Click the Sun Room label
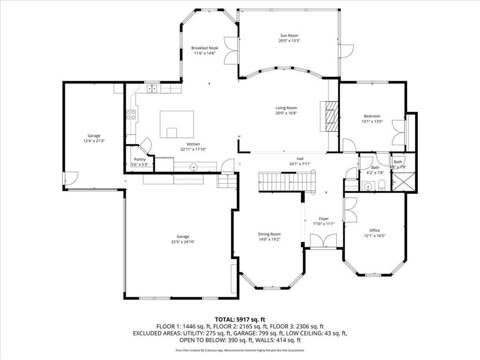[289, 36]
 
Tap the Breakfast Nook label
[204, 48]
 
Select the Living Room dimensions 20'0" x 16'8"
[286, 113]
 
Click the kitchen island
[177, 124]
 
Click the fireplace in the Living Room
[331, 117]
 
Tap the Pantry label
[139, 159]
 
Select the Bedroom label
[372, 116]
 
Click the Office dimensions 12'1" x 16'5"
[375, 236]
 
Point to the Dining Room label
[269, 234]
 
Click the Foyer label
[323, 218]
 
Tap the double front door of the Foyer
[323, 241]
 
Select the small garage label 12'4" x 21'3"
[94, 141]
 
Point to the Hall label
[300, 158]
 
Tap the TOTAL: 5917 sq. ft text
[240, 319]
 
